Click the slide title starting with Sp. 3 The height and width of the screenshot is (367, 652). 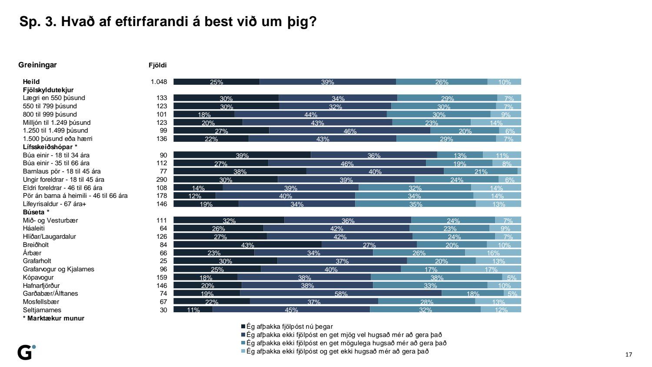168,22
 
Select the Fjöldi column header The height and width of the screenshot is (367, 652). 157,65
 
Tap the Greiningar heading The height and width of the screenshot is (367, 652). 37,65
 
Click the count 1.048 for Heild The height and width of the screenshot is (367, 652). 159,82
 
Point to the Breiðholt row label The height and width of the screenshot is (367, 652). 36,245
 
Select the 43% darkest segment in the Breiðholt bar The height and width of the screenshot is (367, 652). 247,245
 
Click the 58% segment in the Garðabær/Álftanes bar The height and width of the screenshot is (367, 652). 341,294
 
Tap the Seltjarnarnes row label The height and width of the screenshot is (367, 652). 42,310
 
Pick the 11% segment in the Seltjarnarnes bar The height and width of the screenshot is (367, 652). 193,310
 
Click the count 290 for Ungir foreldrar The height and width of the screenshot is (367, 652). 161,180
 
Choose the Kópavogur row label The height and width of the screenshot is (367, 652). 38,277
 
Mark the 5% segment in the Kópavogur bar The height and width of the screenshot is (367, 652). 512,277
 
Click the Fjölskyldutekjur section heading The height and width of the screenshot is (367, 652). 48,90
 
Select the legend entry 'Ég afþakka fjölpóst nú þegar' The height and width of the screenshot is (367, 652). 289,327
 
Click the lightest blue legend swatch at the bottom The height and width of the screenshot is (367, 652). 243,351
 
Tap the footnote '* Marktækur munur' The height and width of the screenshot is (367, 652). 53,318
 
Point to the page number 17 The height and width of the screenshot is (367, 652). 629,354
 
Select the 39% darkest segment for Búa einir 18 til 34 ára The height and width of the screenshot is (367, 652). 242,155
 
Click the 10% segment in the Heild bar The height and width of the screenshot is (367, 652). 504,82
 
